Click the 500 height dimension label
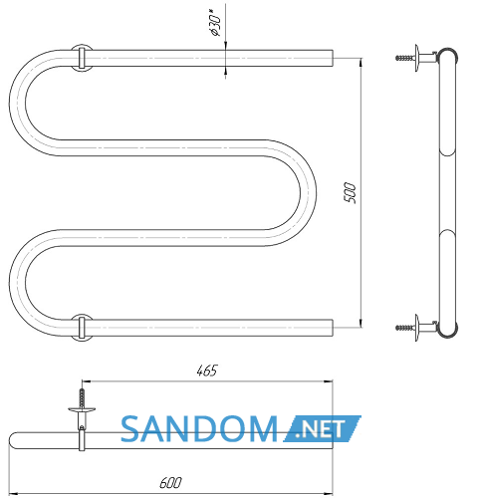click(350, 192)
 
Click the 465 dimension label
click(207, 371)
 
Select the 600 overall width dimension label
click(170, 483)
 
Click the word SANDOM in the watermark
click(199, 429)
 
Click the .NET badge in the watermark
click(322, 428)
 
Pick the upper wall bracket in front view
click(82, 58)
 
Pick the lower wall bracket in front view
click(82, 328)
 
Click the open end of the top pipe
click(333, 58)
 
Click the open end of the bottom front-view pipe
click(333, 328)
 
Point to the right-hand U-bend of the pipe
click(308, 193)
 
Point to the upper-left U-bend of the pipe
click(17, 103)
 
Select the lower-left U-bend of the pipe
click(17, 283)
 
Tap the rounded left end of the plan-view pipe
click(12, 440)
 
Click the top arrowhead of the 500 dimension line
click(362, 62)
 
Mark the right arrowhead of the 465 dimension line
click(329, 381)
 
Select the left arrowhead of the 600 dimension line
click(13, 493)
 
